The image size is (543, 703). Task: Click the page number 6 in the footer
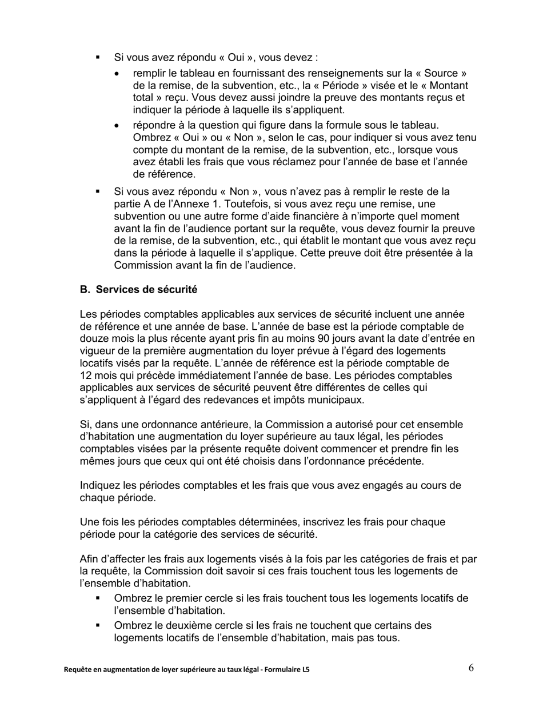pos(471,668)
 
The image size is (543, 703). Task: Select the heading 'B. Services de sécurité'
pos(139,290)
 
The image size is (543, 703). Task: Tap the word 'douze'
pos(93,338)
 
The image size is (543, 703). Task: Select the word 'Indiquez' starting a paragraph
pos(100,486)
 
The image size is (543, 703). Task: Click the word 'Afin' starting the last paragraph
pos(90,559)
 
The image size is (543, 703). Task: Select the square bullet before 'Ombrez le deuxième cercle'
pos(98,625)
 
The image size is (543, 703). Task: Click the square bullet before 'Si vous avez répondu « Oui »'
pos(98,57)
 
